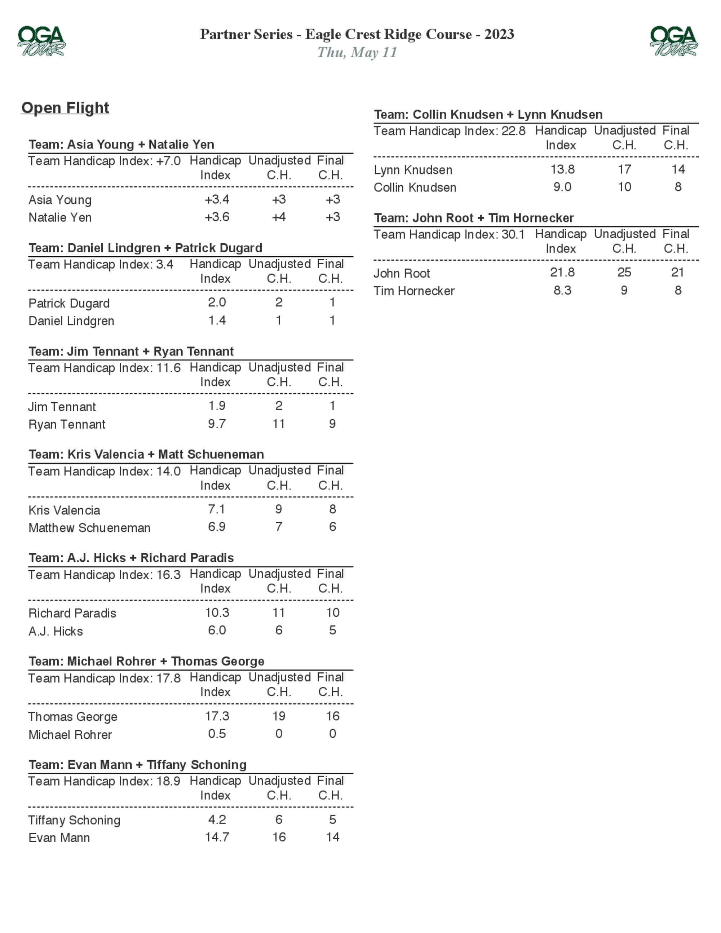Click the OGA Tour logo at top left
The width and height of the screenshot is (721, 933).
point(41,41)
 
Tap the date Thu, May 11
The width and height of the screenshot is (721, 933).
point(357,53)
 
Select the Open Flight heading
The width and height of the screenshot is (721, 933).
point(65,108)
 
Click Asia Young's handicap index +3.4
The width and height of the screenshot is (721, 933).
point(217,199)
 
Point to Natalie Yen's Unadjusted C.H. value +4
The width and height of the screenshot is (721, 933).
point(279,217)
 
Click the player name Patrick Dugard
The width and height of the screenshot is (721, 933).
point(69,303)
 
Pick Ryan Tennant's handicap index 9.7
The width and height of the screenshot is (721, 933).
point(217,424)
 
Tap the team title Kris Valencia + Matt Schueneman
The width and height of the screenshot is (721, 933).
point(146,454)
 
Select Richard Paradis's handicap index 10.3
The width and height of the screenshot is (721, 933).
point(217,613)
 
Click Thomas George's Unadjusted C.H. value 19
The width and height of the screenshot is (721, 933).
point(279,716)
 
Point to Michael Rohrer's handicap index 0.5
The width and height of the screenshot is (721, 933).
point(217,734)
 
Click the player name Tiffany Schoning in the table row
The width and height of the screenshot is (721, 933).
point(74,820)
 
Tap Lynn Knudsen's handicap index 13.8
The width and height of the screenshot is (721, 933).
point(562,169)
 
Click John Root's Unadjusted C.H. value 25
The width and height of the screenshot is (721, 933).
point(624,273)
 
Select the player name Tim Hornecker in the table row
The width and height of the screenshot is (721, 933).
point(414,291)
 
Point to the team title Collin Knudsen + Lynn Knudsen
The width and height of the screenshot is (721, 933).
point(488,115)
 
